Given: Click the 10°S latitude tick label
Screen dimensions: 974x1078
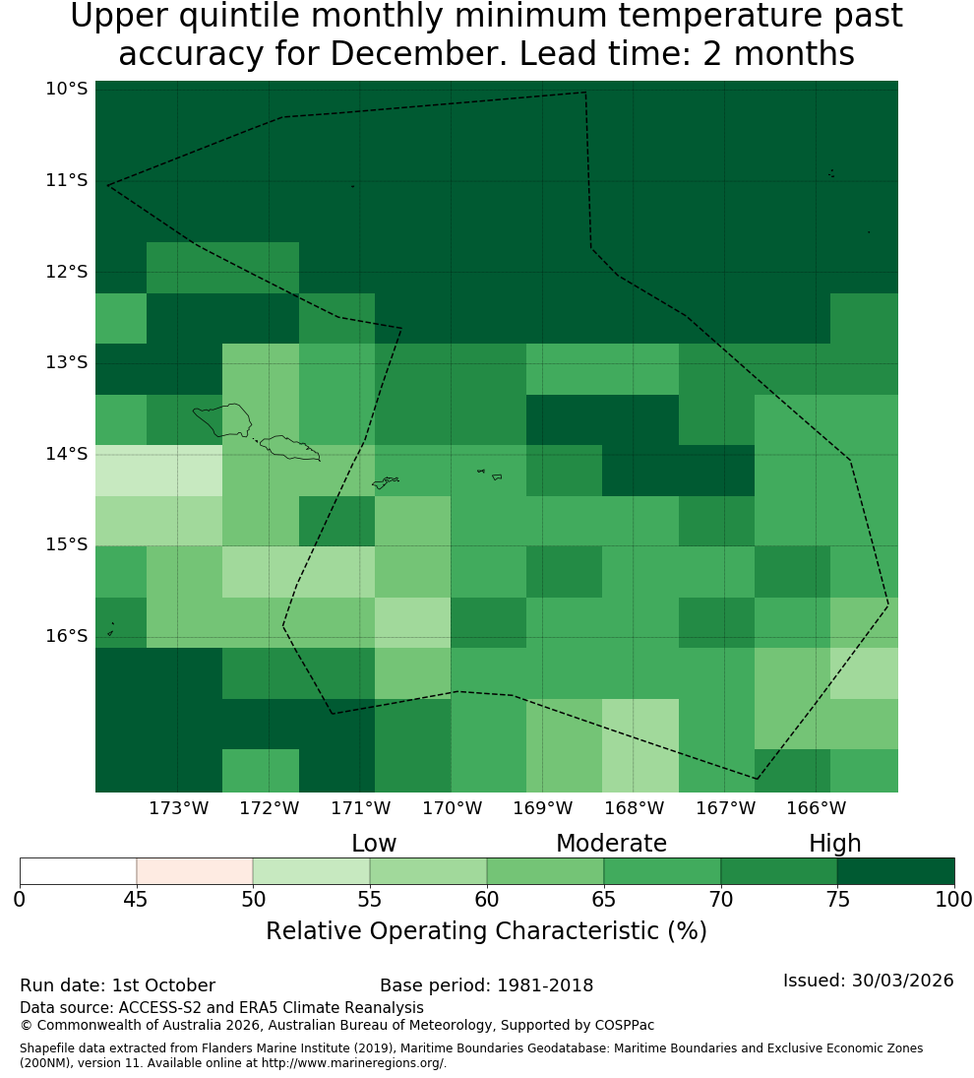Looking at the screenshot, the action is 67,89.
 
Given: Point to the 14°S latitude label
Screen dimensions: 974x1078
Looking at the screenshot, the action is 67,454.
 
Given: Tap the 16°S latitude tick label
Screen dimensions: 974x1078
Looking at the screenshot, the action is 67,636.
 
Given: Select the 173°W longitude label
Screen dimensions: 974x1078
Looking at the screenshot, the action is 179,808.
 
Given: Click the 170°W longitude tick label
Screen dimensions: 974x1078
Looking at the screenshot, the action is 452,808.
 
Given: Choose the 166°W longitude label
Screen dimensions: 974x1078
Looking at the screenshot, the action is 816,808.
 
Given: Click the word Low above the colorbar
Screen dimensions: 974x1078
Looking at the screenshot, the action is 374,844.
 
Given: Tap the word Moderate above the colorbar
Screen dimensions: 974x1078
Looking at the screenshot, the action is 611,844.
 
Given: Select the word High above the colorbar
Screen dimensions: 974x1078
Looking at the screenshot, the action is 834,845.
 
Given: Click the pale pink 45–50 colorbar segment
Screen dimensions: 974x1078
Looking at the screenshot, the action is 195,871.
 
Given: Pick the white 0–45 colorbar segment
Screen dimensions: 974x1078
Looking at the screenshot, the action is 79,871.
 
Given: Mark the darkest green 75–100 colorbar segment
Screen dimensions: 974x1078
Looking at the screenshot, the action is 895,871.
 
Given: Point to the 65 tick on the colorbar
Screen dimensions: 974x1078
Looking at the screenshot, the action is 604,899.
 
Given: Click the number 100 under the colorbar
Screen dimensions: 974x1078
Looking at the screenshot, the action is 954,899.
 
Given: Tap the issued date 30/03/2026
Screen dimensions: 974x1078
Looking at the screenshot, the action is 902,981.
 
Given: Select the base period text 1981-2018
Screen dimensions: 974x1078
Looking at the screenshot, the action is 545,985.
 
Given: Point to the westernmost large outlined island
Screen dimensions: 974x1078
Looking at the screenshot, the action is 222,420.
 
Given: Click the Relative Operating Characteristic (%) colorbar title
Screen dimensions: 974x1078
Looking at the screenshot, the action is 486,931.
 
